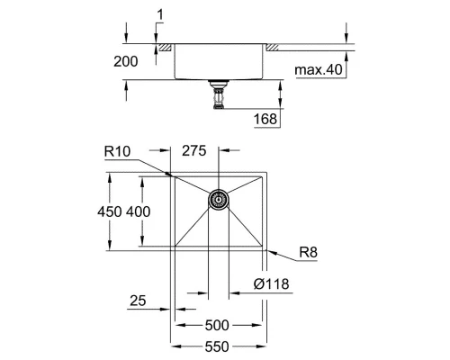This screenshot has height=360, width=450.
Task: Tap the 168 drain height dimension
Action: click(x=265, y=119)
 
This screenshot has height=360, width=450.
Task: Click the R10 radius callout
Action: click(x=117, y=153)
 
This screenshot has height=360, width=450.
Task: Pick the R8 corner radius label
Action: click(x=310, y=253)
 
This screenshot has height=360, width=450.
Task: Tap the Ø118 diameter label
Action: click(x=271, y=284)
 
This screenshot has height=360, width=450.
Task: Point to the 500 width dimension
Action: click(x=218, y=326)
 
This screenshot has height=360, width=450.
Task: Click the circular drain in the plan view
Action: click(x=218, y=200)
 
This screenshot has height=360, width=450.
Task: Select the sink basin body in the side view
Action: click(x=218, y=63)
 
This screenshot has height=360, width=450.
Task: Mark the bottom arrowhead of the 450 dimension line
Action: click(x=110, y=247)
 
